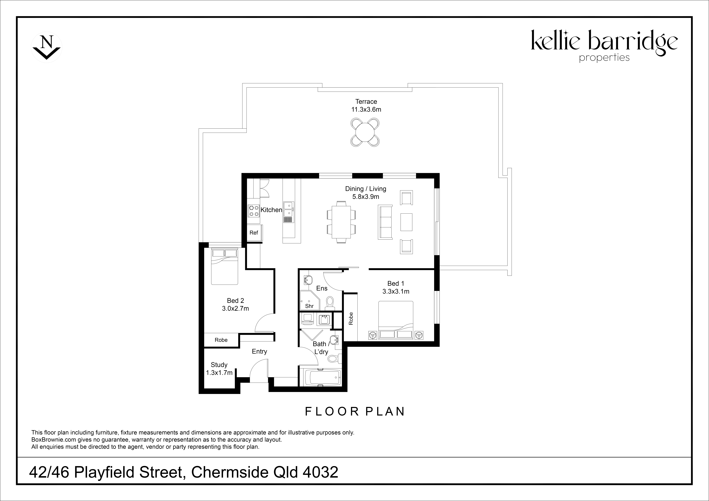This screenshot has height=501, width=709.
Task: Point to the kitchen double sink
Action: point(289,209)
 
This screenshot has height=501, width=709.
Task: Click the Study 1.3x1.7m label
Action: point(219,369)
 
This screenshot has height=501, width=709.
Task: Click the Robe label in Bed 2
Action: point(221,340)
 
